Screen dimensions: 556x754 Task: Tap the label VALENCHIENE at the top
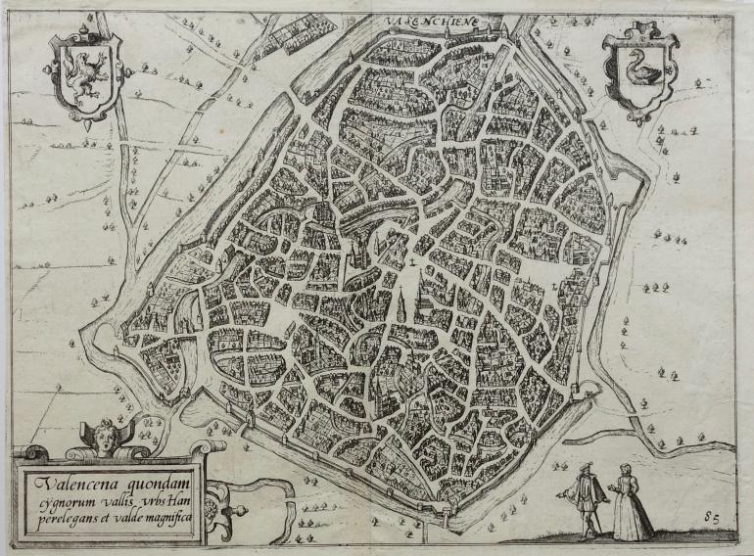click(x=422, y=19)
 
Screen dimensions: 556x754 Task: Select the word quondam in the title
click(x=156, y=480)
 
